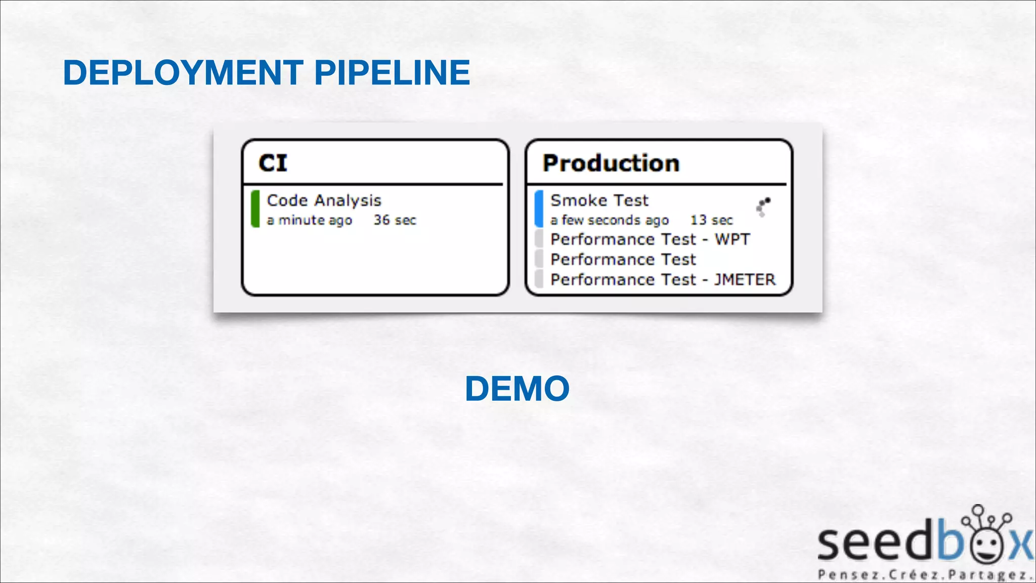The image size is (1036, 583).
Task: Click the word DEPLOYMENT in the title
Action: coord(183,72)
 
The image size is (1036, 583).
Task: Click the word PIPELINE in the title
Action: coord(392,72)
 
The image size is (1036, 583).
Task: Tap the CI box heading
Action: coord(273,163)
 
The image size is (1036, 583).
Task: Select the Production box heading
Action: coord(611,163)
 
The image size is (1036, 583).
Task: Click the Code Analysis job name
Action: coord(324,200)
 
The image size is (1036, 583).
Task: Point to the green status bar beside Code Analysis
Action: coord(255,209)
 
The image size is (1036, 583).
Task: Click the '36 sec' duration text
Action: coord(395,220)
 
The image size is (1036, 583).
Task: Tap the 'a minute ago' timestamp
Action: coord(309,220)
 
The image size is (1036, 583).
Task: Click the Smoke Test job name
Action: coord(599,200)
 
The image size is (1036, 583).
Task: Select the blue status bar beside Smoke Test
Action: coord(539,209)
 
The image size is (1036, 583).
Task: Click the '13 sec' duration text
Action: coord(711,220)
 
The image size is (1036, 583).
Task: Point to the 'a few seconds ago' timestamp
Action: coord(609,220)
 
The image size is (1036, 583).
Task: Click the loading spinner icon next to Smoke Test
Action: coord(763,206)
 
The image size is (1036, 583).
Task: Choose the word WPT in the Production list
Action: coord(732,239)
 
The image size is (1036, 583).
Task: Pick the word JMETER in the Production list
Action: coord(744,279)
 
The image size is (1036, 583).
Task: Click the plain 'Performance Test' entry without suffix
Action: coord(623,260)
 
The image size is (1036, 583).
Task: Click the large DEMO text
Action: coord(517,389)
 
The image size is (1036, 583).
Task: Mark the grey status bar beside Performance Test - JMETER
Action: coord(539,279)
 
